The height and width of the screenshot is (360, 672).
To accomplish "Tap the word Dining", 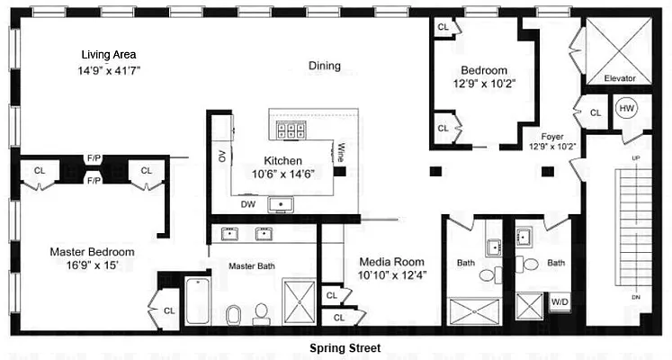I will (325, 66).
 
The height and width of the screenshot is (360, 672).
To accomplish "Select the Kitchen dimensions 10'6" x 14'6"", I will (282, 174).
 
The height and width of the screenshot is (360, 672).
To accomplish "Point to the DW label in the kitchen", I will (246, 203).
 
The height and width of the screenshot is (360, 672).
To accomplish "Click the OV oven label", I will (221, 157).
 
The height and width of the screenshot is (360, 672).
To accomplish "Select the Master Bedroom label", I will (92, 252).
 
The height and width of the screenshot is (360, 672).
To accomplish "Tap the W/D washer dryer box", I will (560, 301).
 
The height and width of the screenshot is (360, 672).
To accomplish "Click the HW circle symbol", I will (626, 109).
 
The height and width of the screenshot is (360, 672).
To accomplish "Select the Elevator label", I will (619, 78).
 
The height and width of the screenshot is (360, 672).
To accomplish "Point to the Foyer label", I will (552, 137).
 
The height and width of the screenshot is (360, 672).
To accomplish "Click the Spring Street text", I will (345, 347).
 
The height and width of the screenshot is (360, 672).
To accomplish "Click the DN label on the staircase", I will (637, 297).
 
